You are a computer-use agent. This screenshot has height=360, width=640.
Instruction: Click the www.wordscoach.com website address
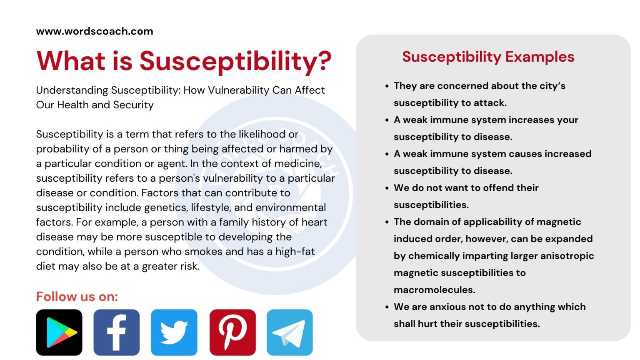[95, 31]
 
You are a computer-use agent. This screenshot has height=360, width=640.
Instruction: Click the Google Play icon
[59, 332]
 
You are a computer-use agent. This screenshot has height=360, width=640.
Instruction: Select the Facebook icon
[117, 332]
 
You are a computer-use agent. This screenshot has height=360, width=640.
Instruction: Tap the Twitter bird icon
[174, 332]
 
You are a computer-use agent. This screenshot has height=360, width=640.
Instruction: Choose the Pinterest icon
[232, 332]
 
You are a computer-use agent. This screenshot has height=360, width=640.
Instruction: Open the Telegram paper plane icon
[290, 332]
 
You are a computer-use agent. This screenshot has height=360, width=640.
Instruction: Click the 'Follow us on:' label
[77, 297]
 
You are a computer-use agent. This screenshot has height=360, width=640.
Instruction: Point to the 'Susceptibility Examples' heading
[488, 57]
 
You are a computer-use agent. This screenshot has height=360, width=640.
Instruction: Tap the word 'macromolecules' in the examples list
[434, 290]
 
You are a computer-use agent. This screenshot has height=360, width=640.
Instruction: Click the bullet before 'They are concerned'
[387, 86]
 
